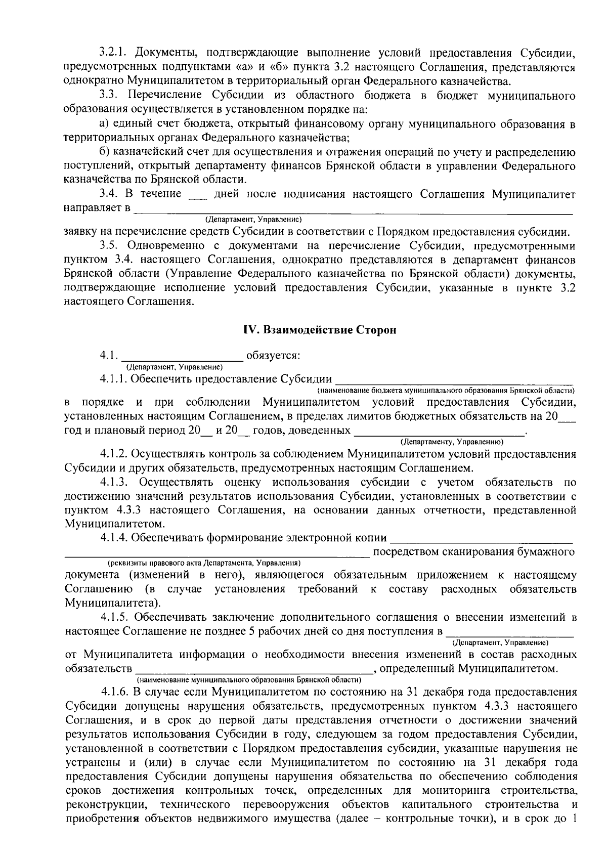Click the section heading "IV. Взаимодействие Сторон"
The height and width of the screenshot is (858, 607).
pyautogui.click(x=320, y=330)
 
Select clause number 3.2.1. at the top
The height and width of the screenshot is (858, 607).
pyautogui.click(x=114, y=53)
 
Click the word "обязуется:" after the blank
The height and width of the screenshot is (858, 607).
pyautogui.click(x=273, y=356)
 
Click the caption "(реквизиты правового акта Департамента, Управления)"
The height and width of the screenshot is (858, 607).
pyautogui.click(x=204, y=563)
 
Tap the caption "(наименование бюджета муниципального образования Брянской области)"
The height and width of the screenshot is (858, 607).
pyautogui.click(x=445, y=391)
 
